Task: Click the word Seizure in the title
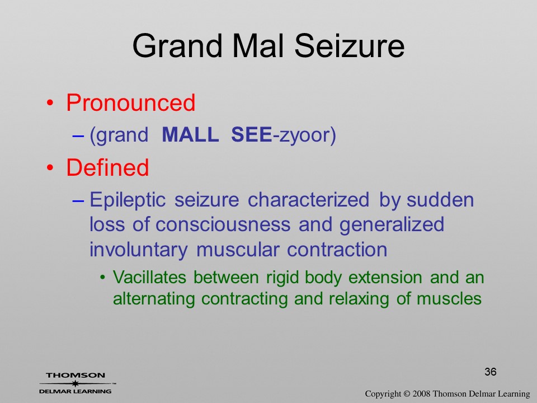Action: pos(349,45)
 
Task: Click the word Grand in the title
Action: pos(177,45)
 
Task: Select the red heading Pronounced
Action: pos(130,102)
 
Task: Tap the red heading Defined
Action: pos(107,167)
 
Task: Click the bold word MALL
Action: pos(190,134)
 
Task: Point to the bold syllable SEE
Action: pos(251,134)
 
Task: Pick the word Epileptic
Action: pos(128,200)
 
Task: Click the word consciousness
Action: pos(223,224)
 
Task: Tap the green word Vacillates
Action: pos(150,277)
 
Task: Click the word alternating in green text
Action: pos(153,299)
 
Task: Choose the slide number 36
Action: pos(491,372)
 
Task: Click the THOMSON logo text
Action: pos(76,375)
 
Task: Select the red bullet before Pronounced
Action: pos(50,103)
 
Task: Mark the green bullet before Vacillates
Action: pos(102,277)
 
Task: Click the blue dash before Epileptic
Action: pos(78,201)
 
